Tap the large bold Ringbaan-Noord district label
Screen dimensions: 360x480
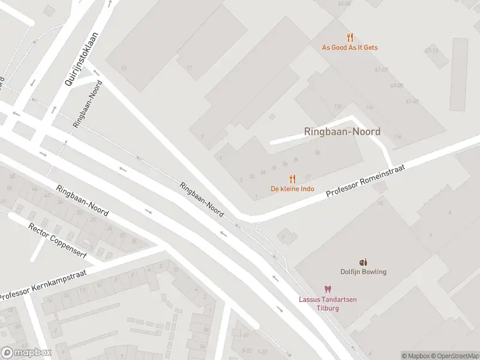342,131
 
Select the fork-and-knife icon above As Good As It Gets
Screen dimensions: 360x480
350,37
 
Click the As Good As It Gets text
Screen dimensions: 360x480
350,47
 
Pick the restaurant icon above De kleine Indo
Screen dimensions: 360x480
292,179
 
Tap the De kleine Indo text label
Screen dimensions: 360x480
292,189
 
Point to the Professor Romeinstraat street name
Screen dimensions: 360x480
365,182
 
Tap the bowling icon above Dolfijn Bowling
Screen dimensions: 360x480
362,262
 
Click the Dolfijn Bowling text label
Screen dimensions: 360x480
363,272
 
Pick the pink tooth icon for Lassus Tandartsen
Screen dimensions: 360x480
328,289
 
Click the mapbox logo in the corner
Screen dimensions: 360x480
26,353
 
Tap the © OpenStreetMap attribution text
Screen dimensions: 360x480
454,356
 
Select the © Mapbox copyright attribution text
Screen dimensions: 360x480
415,356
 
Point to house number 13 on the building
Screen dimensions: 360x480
124,68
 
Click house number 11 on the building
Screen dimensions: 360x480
190,68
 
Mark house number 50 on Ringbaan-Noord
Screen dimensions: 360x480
12,175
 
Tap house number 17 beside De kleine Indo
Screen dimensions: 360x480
307,177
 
